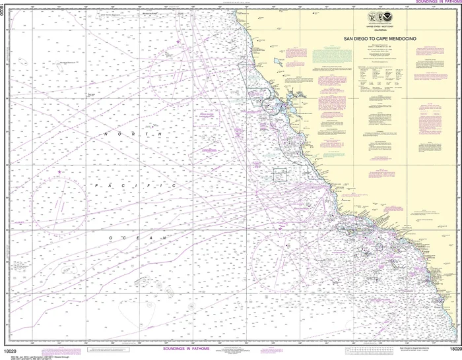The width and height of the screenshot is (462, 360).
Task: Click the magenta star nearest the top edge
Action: point(177,42)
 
